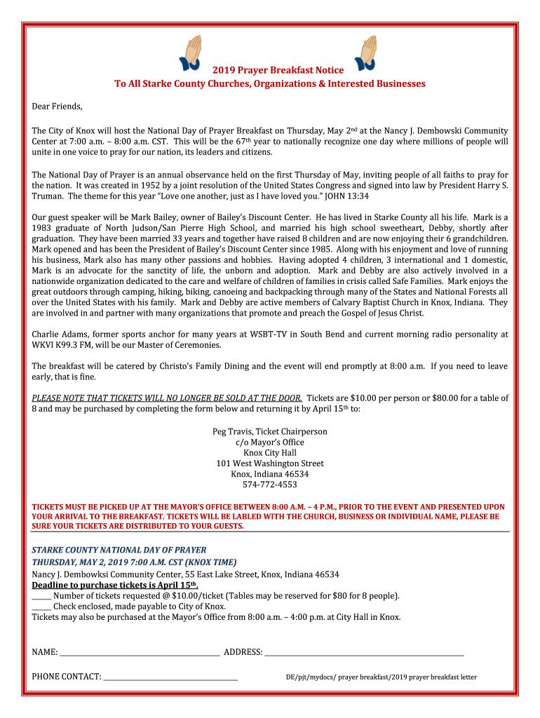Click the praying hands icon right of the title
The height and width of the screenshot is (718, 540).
[367, 54]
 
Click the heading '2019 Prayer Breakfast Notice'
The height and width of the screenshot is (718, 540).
[278, 70]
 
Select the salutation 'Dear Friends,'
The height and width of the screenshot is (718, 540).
[57, 107]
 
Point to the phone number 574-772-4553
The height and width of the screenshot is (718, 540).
[270, 485]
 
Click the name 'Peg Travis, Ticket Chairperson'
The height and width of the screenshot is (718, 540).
[270, 431]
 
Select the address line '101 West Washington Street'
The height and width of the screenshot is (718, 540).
[270, 463]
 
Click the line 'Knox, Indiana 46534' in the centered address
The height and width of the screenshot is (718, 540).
[270, 474]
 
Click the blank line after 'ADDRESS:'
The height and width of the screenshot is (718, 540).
[364, 653]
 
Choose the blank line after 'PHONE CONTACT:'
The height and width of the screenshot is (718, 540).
[170, 677]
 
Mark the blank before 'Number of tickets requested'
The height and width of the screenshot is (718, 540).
[41, 597]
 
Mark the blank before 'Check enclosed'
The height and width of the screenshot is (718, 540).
[41, 607]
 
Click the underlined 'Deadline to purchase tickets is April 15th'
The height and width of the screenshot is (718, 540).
[115, 585]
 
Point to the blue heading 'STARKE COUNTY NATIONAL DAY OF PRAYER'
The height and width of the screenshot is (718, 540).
[119, 550]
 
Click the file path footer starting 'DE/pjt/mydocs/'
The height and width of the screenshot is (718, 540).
[381, 677]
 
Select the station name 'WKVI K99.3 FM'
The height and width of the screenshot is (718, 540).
[62, 345]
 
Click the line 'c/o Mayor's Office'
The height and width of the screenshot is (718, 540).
[270, 442]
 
